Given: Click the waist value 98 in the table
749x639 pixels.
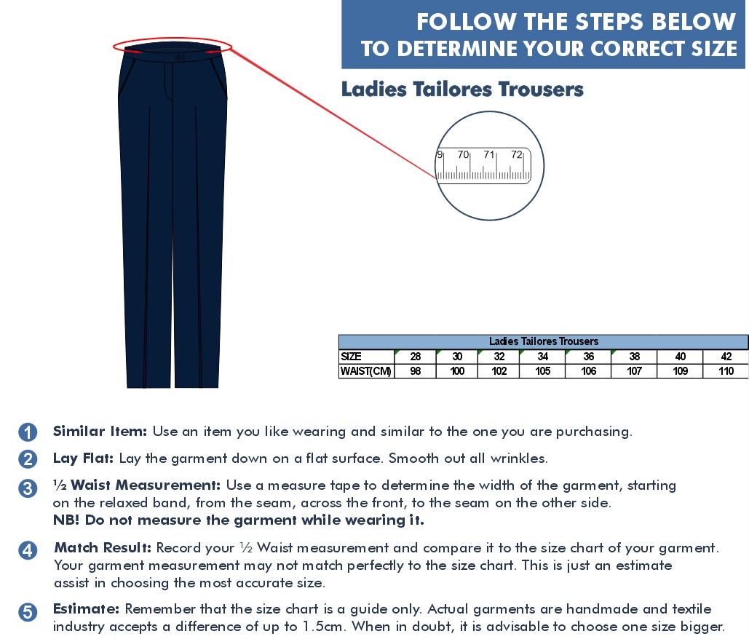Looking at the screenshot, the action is [x=415, y=371].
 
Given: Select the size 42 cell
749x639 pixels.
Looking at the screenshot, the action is [x=726, y=357].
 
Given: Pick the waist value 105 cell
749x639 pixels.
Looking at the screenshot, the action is [x=542, y=371].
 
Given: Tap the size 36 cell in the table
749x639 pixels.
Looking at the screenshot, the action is [x=588, y=357].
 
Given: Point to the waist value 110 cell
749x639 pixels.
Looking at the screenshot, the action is [x=726, y=371].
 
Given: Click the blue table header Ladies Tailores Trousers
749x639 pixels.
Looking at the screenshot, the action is [x=543, y=341].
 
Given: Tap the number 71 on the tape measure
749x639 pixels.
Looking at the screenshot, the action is [x=488, y=154].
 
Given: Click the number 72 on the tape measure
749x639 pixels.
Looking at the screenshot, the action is [x=516, y=154].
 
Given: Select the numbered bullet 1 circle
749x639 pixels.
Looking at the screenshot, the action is [x=28, y=432].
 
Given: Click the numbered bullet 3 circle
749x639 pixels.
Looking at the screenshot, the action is [x=28, y=488].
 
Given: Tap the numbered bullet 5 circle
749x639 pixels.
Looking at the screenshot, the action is [x=28, y=612].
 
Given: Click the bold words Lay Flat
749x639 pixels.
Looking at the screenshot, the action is [x=83, y=459].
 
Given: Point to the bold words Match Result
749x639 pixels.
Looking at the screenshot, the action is [x=103, y=547].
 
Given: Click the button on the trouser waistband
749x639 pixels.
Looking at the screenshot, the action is [x=178, y=57].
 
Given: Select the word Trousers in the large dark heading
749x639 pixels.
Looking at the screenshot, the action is [x=541, y=90].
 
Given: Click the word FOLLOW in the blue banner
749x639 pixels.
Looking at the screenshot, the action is [x=466, y=22].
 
